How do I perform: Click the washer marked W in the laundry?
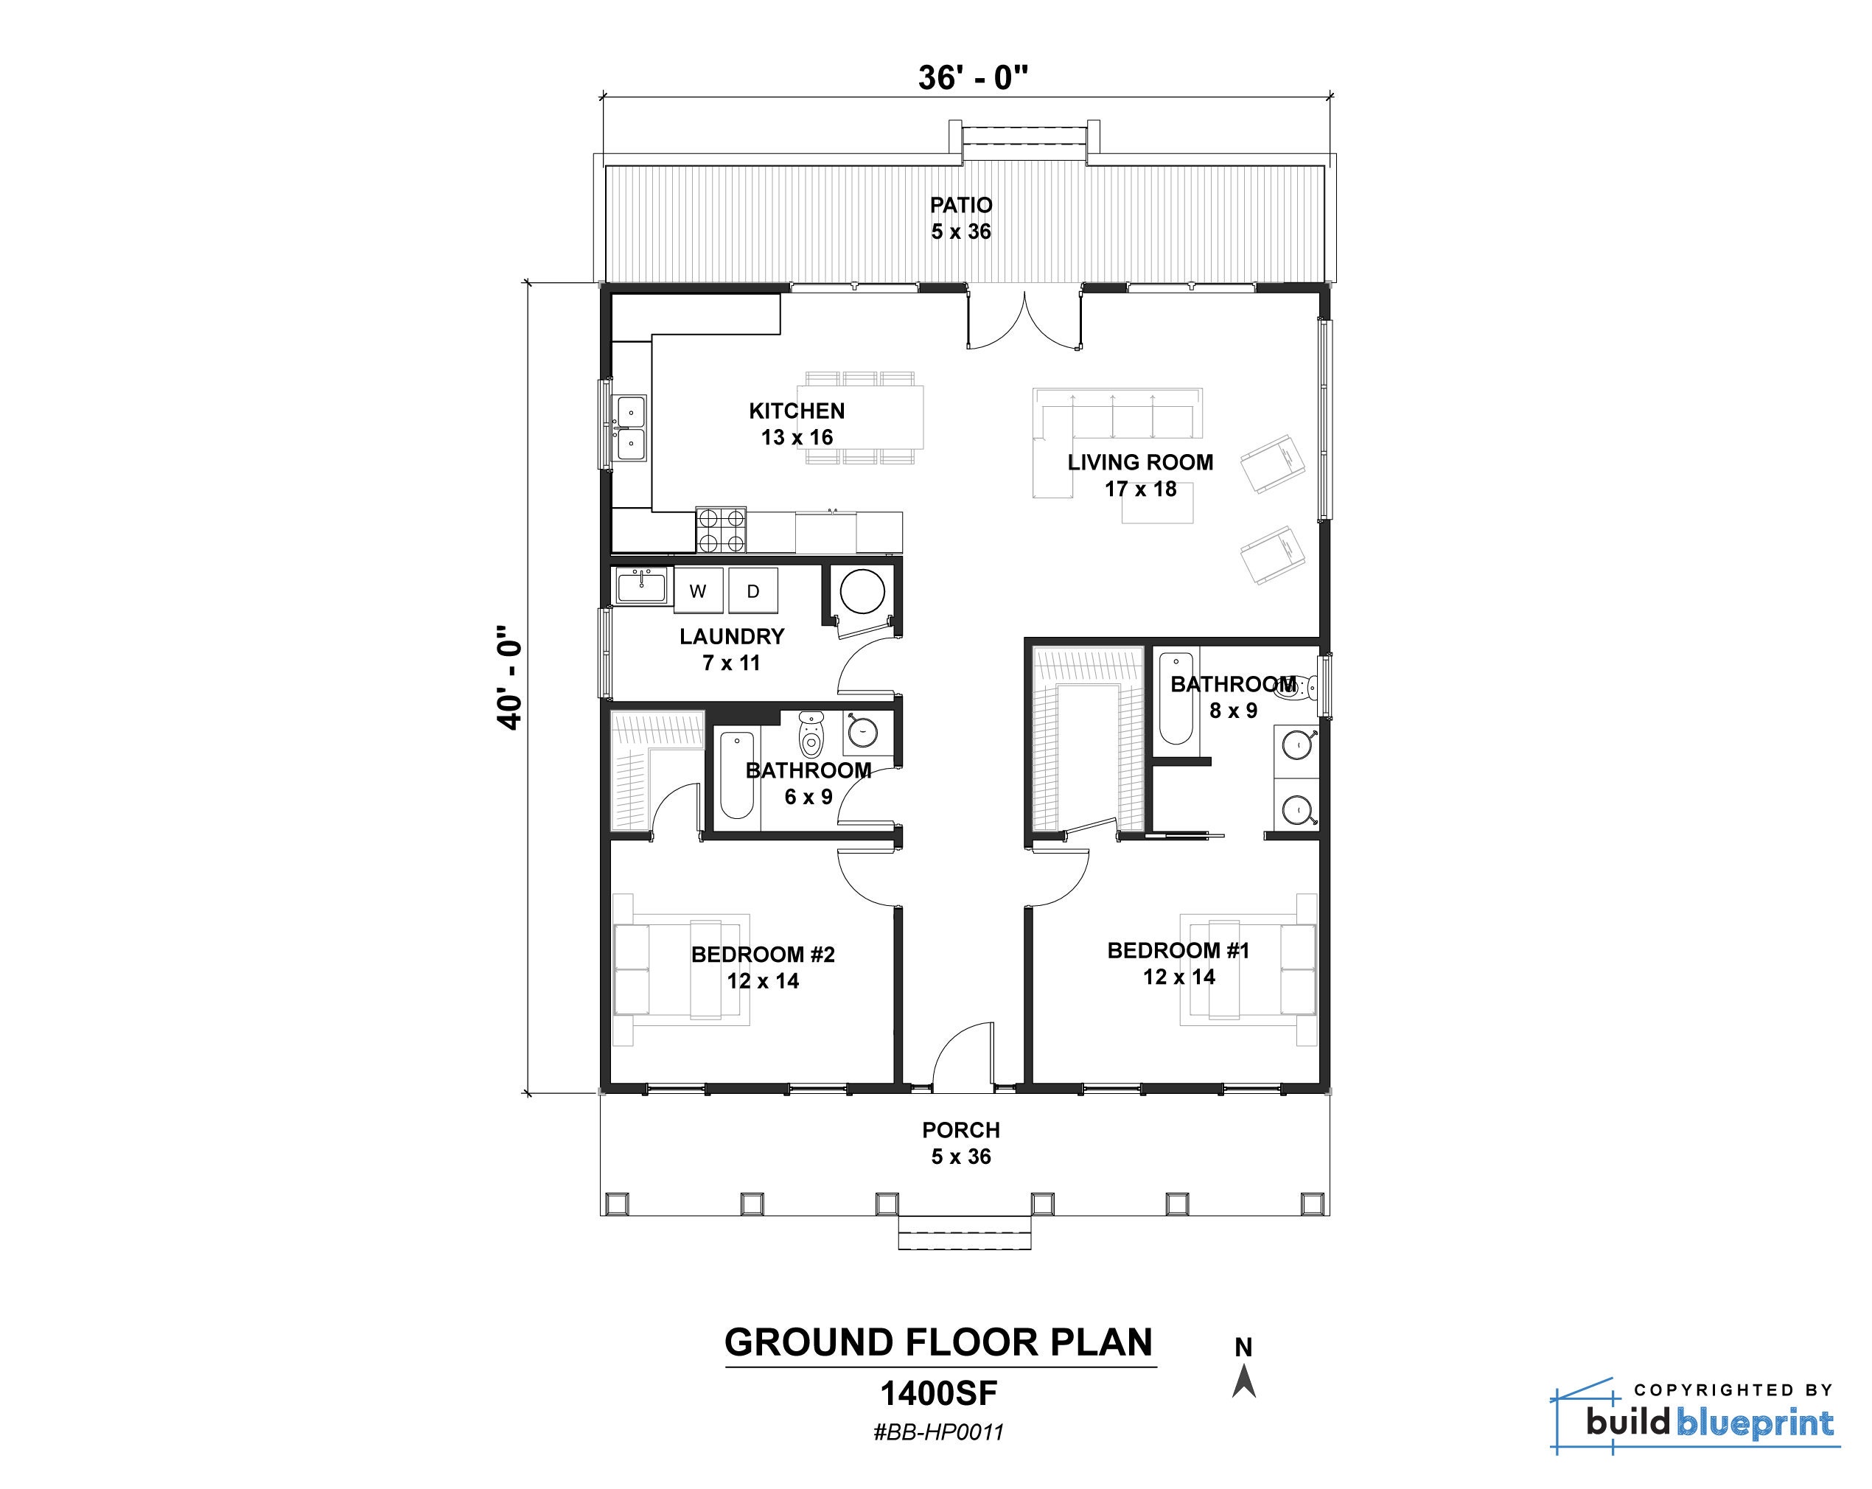[x=698, y=591]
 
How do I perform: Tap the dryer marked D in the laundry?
[x=752, y=591]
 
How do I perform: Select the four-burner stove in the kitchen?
[x=722, y=529]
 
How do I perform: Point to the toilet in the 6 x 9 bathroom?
[x=811, y=734]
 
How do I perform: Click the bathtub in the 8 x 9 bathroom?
[x=1176, y=697]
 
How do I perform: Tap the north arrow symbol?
[x=1243, y=1380]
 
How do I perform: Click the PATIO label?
[x=961, y=205]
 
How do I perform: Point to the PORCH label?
[x=961, y=1129]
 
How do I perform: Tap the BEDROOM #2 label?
[x=764, y=954]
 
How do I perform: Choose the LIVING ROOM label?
[x=1141, y=462]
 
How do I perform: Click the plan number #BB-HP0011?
[x=939, y=1432]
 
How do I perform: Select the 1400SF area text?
[x=939, y=1393]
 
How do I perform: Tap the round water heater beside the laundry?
[x=862, y=591]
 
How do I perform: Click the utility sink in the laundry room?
[x=642, y=586]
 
